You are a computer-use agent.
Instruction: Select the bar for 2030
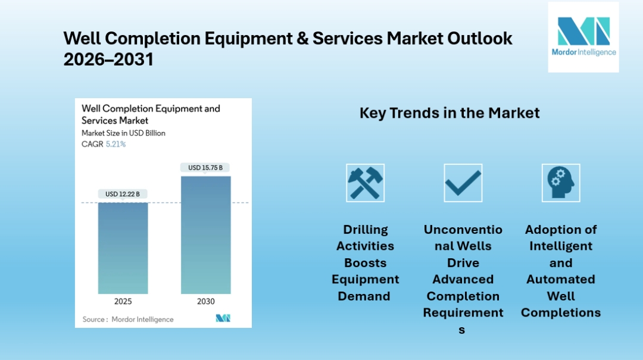click(205, 234)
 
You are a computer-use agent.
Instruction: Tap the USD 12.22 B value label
click(123, 194)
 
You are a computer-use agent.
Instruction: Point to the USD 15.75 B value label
click(205, 168)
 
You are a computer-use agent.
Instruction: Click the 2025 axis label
click(123, 302)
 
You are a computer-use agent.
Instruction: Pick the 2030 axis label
click(205, 302)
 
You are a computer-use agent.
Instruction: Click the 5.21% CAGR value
click(116, 144)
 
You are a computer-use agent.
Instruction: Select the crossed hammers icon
click(365, 183)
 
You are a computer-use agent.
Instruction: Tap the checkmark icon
click(463, 183)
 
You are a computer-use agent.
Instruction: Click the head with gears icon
click(560, 183)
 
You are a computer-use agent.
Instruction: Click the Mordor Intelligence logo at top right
click(583, 37)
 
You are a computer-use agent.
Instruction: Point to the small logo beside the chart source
click(223, 319)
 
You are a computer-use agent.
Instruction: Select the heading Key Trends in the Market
click(450, 113)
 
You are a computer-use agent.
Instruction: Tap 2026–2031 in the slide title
click(108, 60)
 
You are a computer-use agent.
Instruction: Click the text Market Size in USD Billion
click(123, 133)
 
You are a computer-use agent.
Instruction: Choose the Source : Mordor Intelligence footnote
click(128, 320)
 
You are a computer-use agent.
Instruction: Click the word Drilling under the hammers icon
click(365, 230)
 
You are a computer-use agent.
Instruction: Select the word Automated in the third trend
click(560, 279)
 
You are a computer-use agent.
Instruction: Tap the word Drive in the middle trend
click(463, 262)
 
